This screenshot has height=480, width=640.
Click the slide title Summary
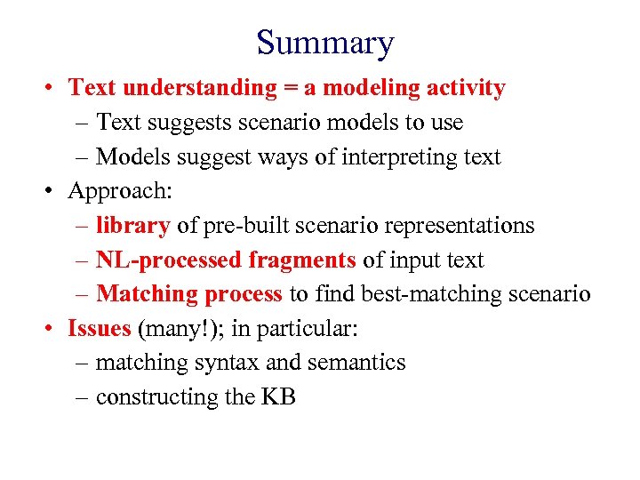[x=324, y=43]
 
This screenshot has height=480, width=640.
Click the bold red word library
[x=132, y=226]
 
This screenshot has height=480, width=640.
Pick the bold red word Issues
[x=100, y=329]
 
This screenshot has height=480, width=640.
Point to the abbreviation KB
[x=278, y=397]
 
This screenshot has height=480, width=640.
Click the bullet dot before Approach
[x=54, y=191]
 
